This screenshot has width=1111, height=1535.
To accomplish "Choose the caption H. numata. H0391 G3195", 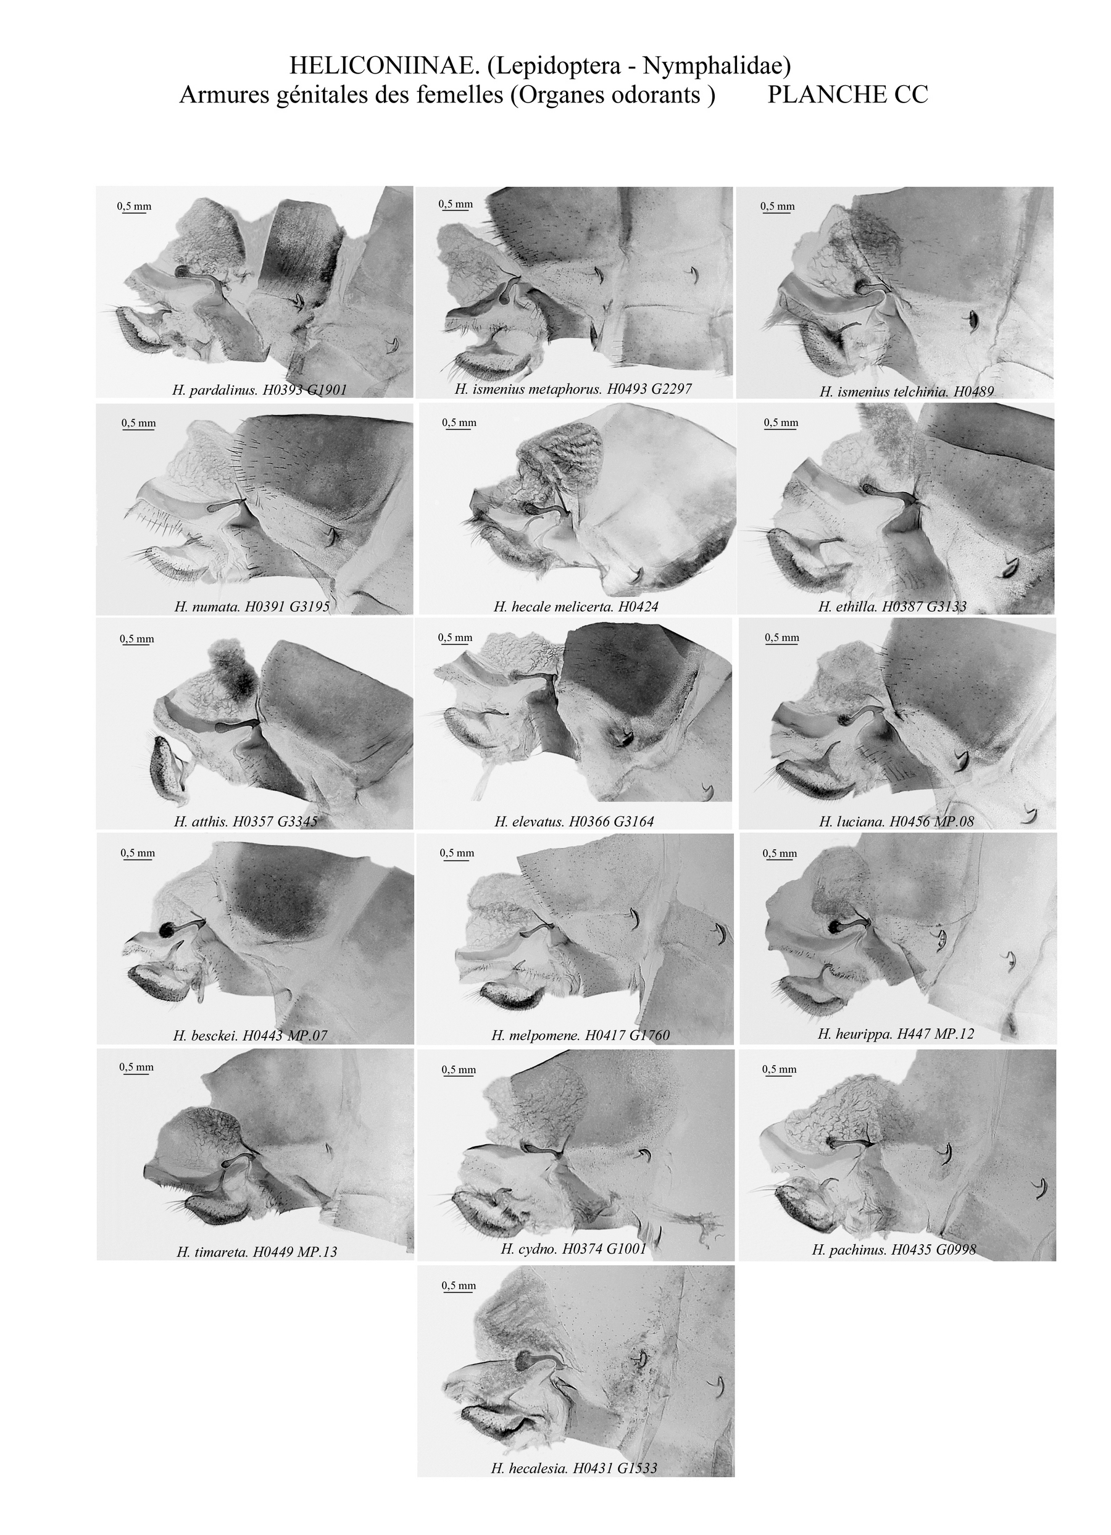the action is click(x=252, y=606).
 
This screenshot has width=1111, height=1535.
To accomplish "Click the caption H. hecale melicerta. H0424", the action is click(x=576, y=607).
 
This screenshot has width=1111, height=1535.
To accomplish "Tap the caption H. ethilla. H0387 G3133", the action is click(x=892, y=606).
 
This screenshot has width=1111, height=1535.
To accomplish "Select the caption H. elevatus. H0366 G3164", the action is click(x=575, y=822).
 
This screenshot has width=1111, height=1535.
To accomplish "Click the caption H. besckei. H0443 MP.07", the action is click(x=251, y=1036).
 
